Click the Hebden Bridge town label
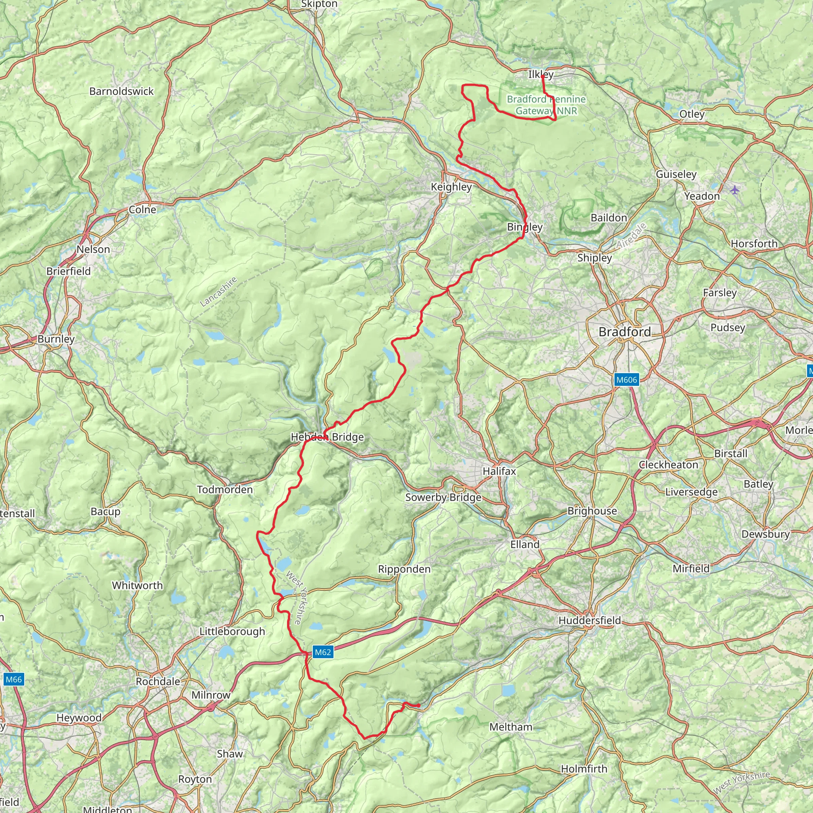327,437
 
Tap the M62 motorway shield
323,652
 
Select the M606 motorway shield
626,380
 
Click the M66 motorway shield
13,679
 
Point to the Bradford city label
624,332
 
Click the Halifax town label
499,471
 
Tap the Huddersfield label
590,620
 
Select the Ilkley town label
541,75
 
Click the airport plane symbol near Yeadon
735,190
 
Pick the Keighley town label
451,187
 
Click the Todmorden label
225,489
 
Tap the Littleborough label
232,631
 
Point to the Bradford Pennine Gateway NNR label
546,105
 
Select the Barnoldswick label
121,91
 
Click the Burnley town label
56,339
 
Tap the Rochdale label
158,681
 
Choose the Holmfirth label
584,769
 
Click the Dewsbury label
765,534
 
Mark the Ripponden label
404,569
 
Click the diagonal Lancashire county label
218,292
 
